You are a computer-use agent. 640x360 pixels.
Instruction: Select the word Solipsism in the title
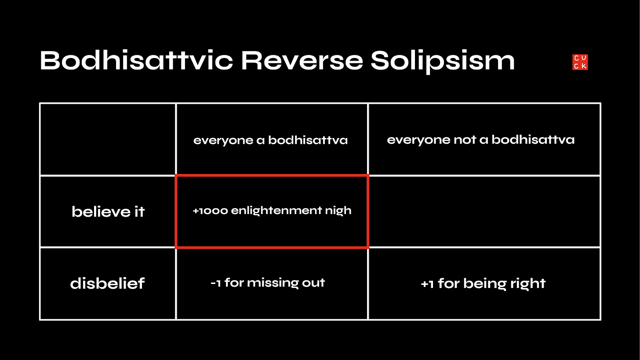(443, 62)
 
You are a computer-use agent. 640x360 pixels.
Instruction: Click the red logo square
(580, 62)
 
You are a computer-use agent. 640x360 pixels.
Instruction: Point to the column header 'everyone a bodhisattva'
(271, 140)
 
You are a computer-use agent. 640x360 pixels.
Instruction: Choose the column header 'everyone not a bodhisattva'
(480, 140)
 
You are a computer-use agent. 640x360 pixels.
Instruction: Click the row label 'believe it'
(108, 212)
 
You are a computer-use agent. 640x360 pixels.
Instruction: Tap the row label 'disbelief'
(107, 284)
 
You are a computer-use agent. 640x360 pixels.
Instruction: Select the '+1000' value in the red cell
(210, 211)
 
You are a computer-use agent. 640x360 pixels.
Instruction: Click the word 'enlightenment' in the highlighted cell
(276, 211)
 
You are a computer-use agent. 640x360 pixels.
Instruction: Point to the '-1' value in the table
(216, 283)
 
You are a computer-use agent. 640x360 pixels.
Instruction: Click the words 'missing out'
(286, 283)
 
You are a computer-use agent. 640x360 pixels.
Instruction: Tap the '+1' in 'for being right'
(427, 284)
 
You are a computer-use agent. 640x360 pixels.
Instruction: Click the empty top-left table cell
(108, 139)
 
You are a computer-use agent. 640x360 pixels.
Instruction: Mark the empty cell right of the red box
(484, 211)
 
